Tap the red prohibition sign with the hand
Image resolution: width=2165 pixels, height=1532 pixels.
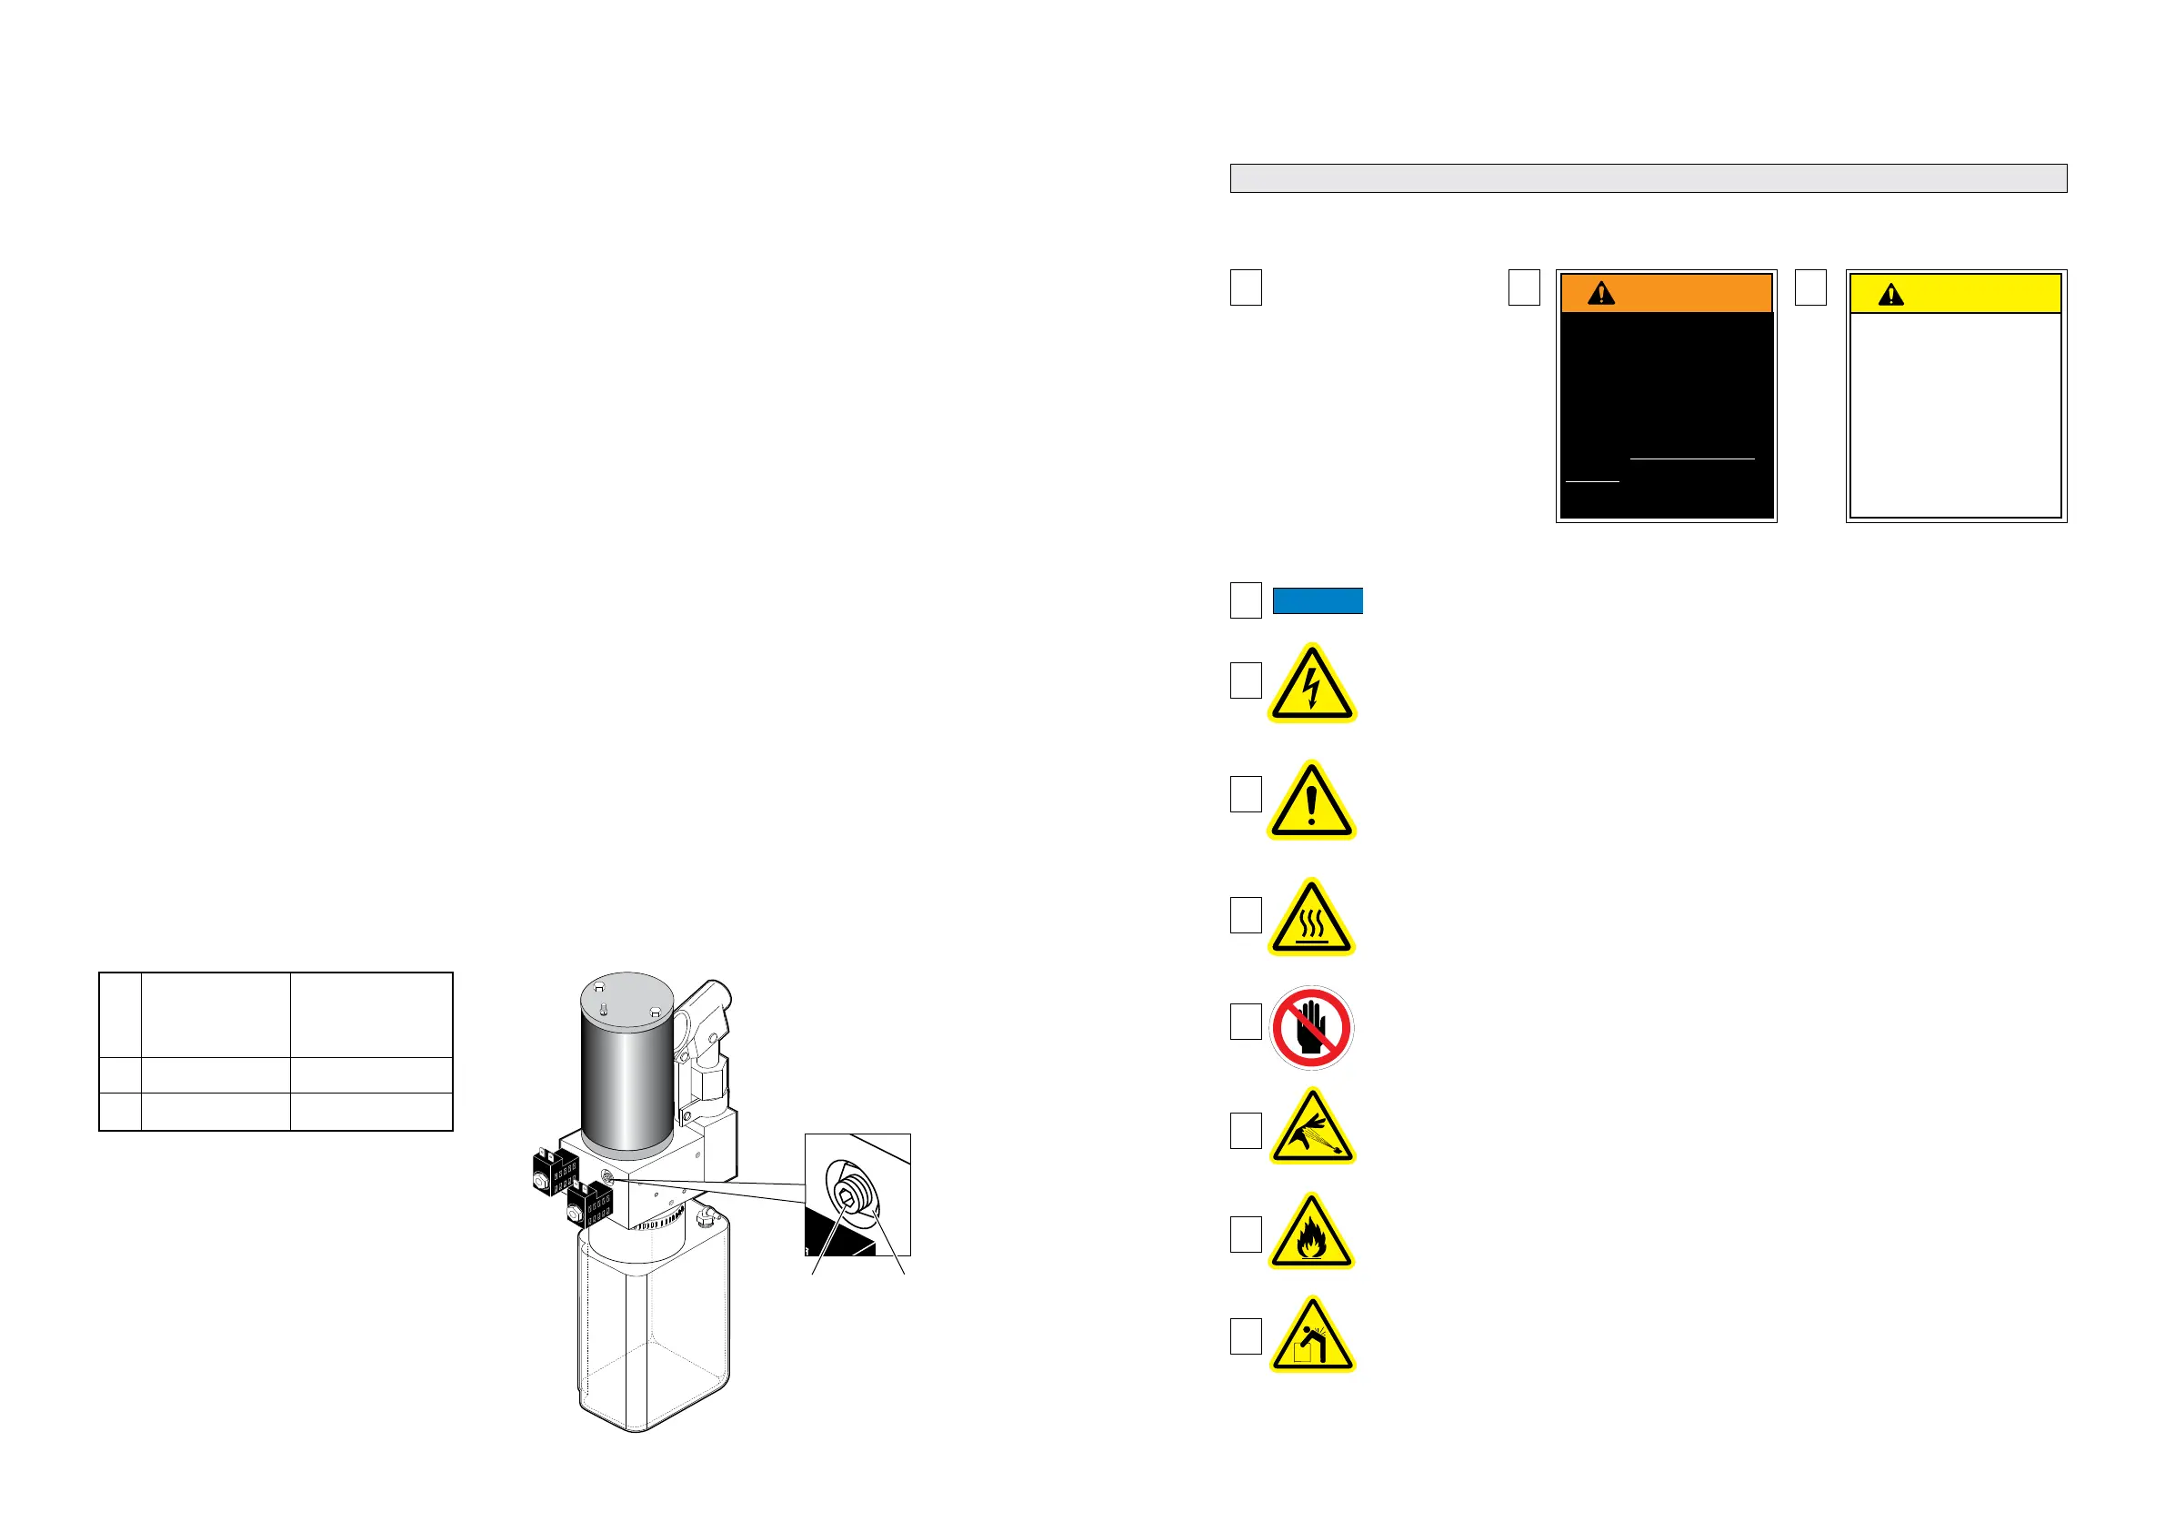coord(1311,1027)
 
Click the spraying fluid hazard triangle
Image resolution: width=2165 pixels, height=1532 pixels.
coord(1311,1129)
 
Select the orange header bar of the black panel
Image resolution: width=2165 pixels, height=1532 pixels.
coord(1666,293)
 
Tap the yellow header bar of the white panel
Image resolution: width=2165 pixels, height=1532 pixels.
coord(1956,293)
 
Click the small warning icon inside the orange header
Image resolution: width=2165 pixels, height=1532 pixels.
coord(1601,293)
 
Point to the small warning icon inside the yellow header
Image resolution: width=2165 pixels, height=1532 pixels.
coord(1890,296)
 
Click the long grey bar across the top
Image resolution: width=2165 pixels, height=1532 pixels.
coord(1649,178)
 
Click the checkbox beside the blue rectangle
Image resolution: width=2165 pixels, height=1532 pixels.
coord(1246,600)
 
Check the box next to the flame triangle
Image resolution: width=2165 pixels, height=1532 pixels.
coord(1246,1234)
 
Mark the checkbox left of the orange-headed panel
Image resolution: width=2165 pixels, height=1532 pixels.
coord(1524,287)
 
